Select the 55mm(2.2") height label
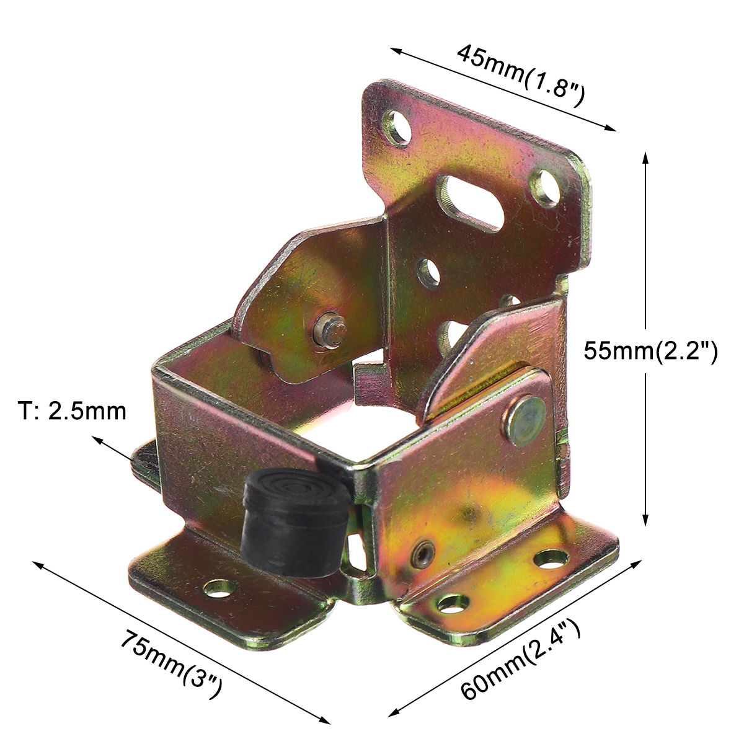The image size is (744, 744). [650, 352]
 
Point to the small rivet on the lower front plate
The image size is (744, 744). [423, 550]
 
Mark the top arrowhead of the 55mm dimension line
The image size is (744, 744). [645, 155]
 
